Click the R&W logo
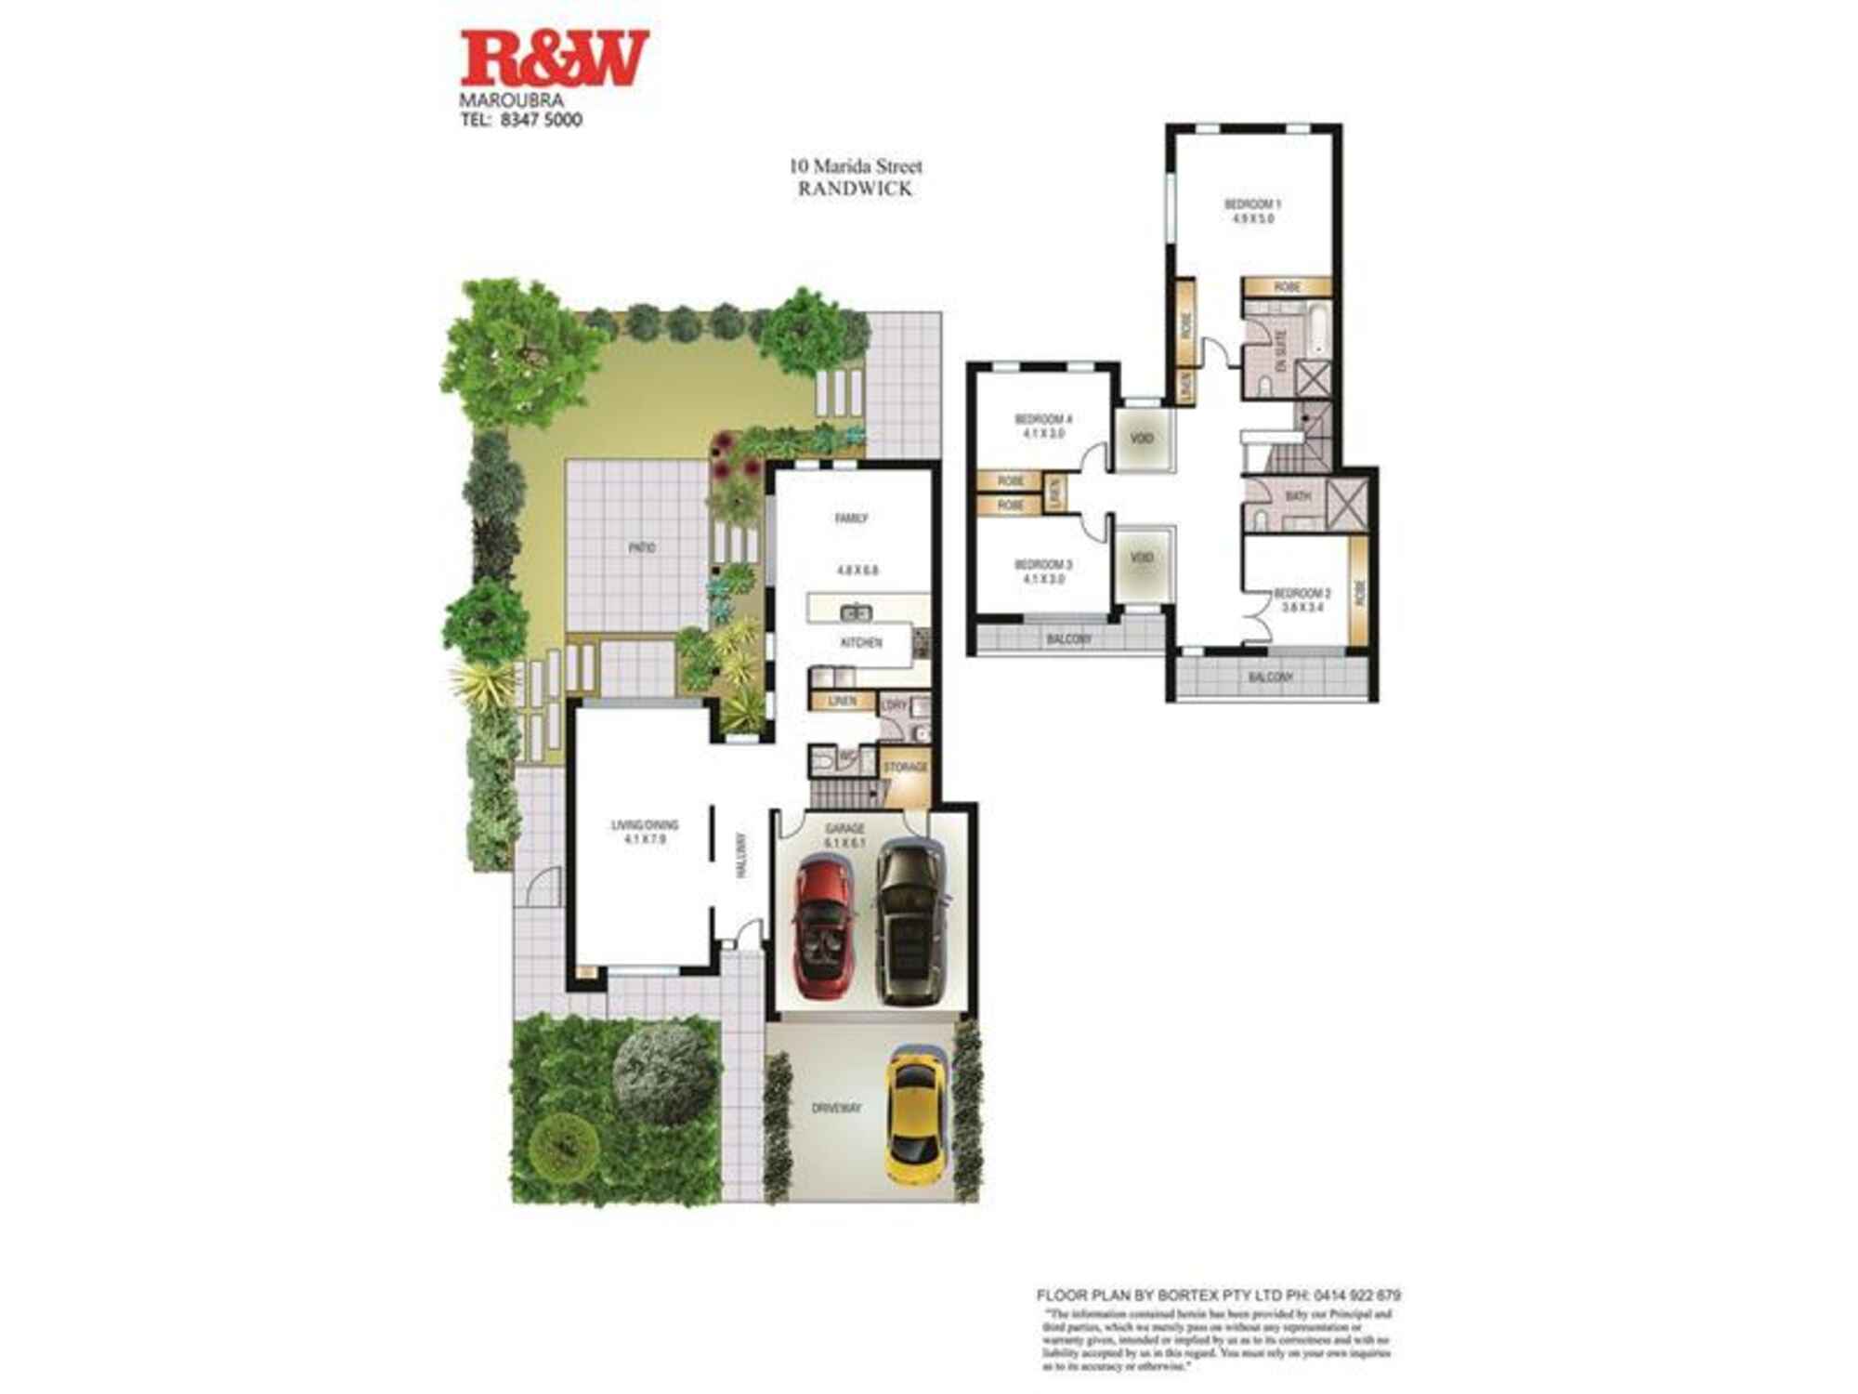tap(554, 58)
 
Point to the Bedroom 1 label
tap(1252, 204)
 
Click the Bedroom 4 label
tap(1043, 419)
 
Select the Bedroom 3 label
tap(1043, 565)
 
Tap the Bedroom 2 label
tap(1302, 593)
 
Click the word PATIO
tap(642, 548)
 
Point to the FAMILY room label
tap(851, 519)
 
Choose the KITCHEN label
tap(861, 643)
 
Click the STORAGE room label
tap(905, 767)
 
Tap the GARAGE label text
tap(845, 828)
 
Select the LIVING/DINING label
tap(645, 824)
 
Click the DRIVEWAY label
tap(836, 1109)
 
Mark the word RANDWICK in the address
tap(856, 189)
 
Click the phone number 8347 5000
tap(541, 120)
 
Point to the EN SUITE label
tap(1279, 353)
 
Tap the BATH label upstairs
tap(1298, 496)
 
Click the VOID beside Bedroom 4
tap(1143, 437)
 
